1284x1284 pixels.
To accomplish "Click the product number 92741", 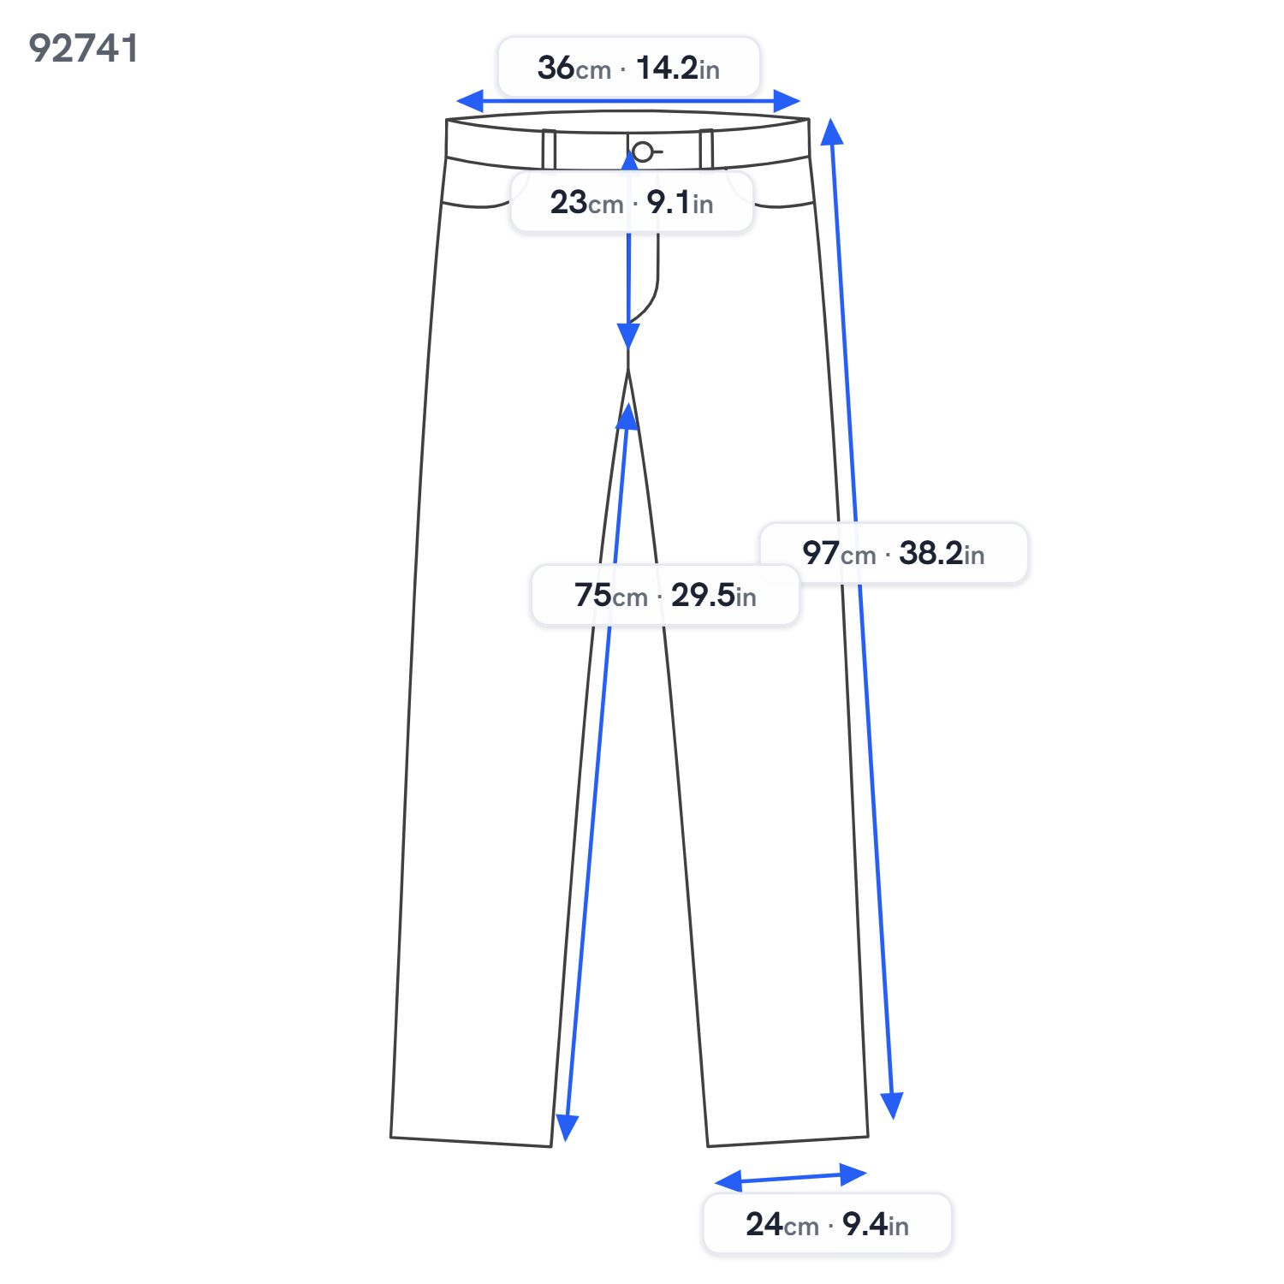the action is click(83, 49).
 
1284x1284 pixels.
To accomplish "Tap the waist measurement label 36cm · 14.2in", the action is click(628, 68).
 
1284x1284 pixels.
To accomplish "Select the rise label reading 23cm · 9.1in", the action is click(632, 203).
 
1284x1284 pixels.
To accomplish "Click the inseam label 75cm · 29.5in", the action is click(665, 595).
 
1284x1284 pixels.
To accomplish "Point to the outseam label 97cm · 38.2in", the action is click(893, 554).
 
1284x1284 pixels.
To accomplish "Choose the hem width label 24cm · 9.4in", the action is click(827, 1224).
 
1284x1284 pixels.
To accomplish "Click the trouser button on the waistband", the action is click(643, 152).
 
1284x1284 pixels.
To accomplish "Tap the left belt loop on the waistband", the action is click(549, 150).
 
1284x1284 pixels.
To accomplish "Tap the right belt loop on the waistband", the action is click(706, 149).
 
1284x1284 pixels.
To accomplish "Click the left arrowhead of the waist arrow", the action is click(469, 101).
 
